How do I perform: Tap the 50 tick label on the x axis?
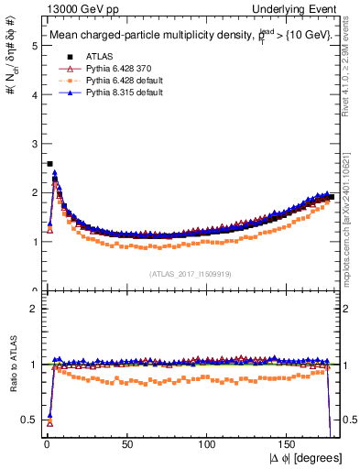[126, 444]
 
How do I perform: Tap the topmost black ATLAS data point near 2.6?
[49, 164]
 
